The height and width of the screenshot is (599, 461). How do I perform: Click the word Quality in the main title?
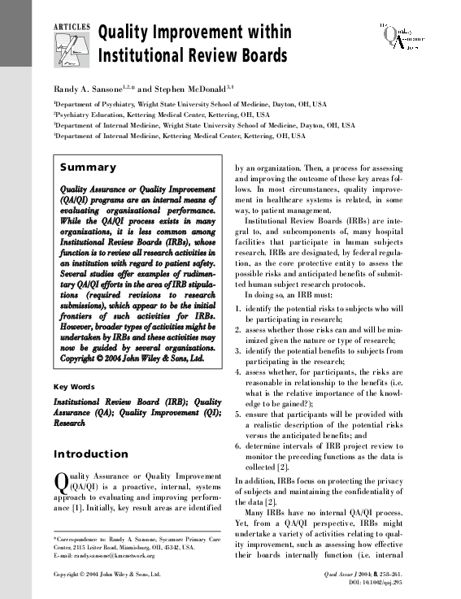(x=133, y=34)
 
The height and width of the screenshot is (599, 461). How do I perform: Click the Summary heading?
(x=89, y=167)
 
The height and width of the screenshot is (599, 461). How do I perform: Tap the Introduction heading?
(x=90, y=454)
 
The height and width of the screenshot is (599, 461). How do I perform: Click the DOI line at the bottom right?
(x=374, y=584)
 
